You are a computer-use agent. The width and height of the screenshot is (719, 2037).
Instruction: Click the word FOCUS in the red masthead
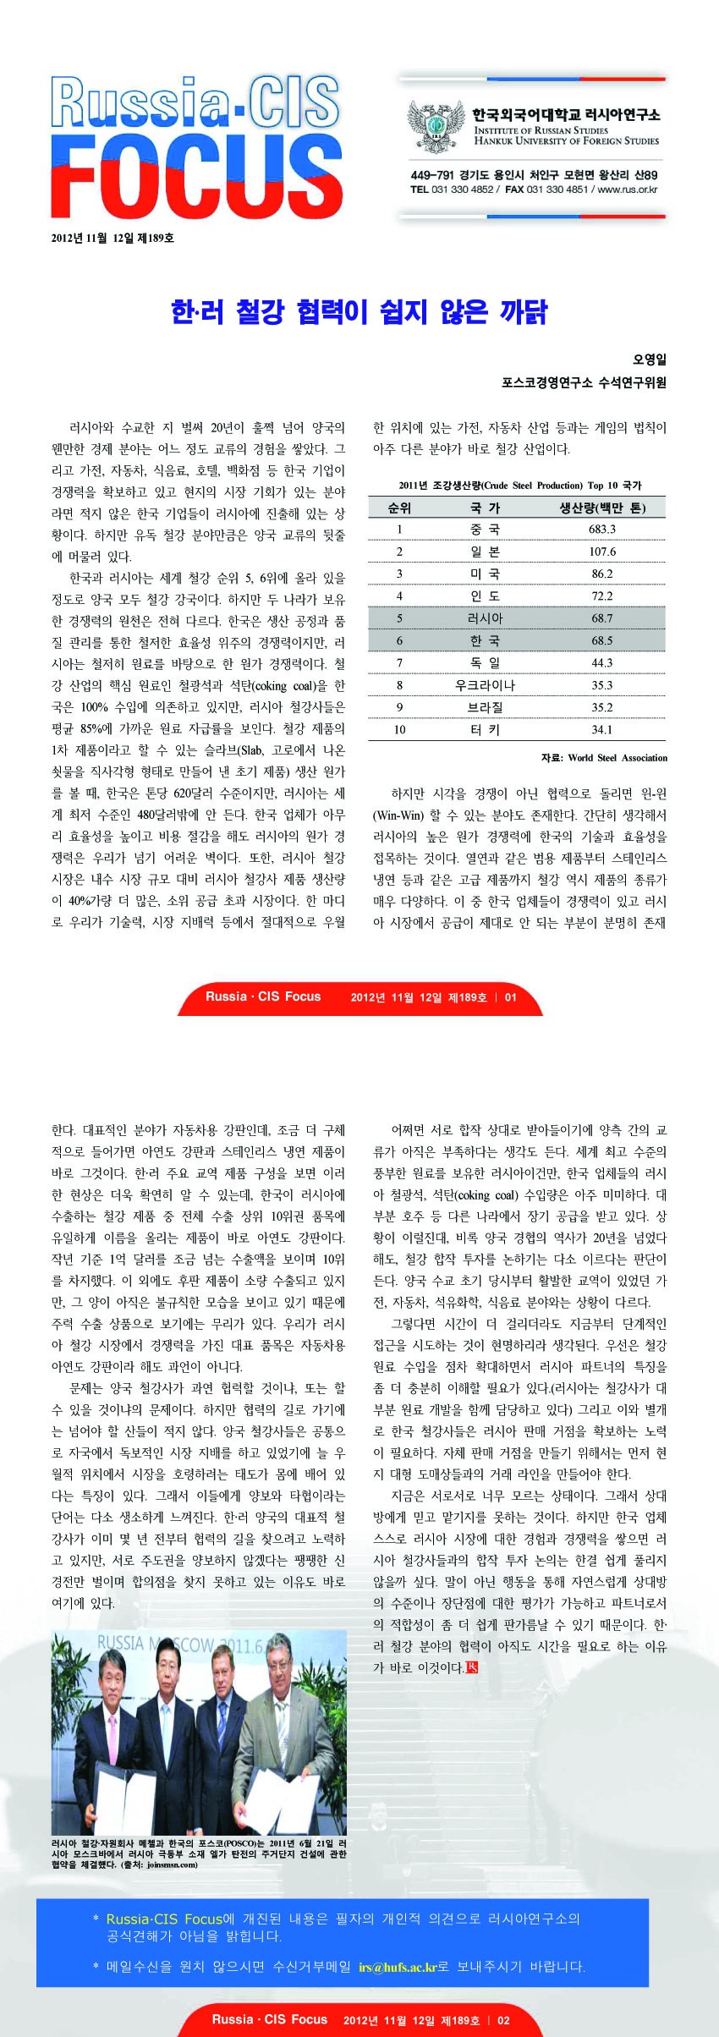pos(196,178)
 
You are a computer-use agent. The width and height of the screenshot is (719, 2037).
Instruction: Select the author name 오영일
pos(649,360)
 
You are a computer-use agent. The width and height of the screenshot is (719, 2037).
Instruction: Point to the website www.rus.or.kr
pos(628,189)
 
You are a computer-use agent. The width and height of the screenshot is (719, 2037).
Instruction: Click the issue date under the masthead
pos(113,239)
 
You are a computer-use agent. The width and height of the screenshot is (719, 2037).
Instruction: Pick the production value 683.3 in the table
pos(602,530)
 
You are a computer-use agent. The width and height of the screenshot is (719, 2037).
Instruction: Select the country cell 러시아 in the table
pos(485,618)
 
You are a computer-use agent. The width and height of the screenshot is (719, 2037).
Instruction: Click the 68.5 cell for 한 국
pos(602,641)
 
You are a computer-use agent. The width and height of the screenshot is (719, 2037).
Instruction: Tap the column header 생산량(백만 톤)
pos(602,508)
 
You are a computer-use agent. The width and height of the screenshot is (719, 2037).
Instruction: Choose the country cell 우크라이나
pos(485,685)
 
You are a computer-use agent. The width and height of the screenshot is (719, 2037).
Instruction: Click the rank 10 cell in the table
pos(399,730)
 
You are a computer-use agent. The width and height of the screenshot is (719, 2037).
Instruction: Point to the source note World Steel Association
pos(617,758)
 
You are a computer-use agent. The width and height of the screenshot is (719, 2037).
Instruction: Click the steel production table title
pos(519,486)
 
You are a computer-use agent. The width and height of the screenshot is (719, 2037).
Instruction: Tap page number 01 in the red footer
pos(511,997)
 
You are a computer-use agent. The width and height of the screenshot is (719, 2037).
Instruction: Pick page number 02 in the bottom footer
pos(503,2020)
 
